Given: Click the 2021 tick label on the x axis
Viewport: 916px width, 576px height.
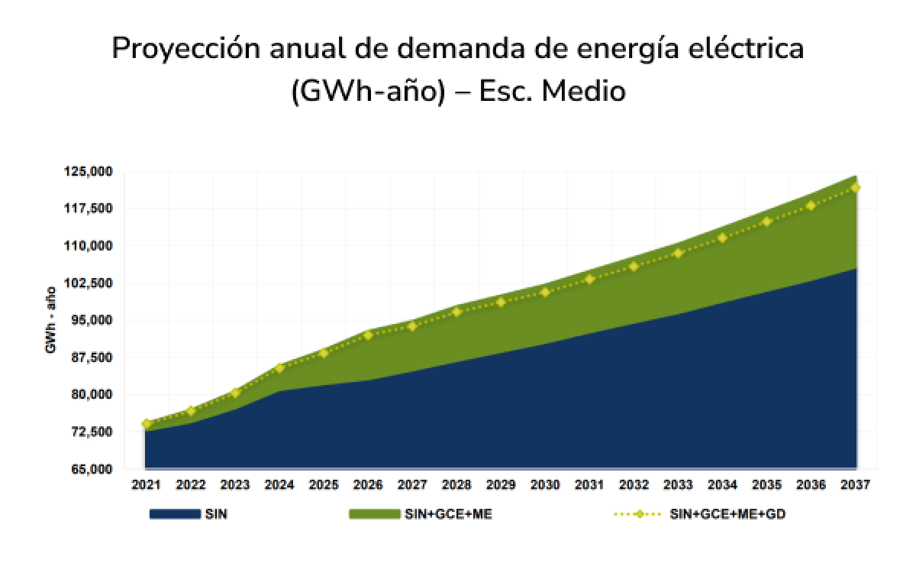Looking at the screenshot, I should [146, 484].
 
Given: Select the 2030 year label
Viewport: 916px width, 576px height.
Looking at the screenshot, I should [544, 484].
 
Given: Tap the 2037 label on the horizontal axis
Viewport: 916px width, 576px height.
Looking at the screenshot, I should [855, 484].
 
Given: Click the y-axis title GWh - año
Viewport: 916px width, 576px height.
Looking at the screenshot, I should [50, 320].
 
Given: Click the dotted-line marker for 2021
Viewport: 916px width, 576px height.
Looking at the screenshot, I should [146, 424].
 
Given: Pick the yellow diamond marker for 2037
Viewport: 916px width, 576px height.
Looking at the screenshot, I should [856, 188].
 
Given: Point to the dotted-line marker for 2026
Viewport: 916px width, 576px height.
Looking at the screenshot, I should [368, 335].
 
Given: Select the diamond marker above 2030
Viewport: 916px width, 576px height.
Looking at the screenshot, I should [545, 293].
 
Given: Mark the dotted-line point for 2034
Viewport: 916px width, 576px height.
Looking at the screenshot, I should [722, 238].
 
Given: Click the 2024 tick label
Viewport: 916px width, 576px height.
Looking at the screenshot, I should [279, 484].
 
